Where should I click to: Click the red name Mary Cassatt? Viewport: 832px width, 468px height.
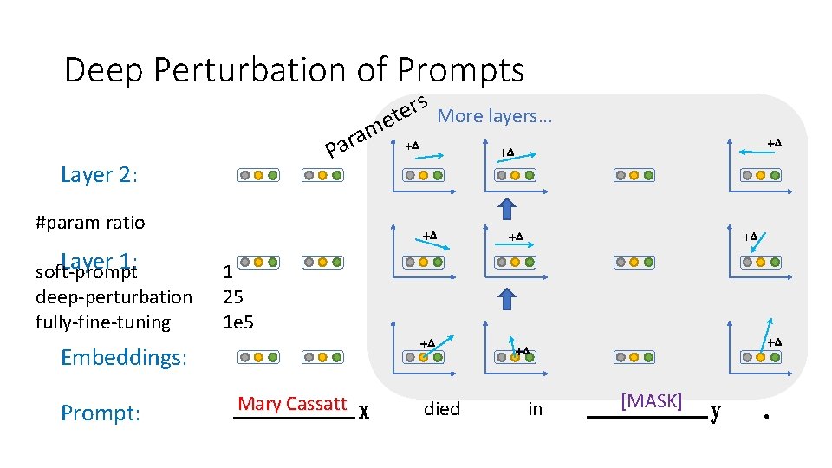pyautogui.click(x=292, y=404)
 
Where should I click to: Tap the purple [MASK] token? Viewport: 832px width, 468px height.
pyautogui.click(x=651, y=401)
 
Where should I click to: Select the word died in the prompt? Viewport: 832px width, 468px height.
pyautogui.click(x=442, y=409)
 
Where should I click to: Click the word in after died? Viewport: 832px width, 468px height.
pyautogui.click(x=535, y=409)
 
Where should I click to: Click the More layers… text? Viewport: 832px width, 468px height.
pyautogui.click(x=495, y=115)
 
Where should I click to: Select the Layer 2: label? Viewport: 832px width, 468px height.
pyautogui.click(x=100, y=175)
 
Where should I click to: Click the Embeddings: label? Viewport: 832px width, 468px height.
pyautogui.click(x=124, y=357)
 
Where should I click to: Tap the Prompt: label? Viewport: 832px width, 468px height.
pyautogui.click(x=101, y=413)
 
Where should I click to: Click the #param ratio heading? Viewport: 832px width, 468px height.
pyautogui.click(x=90, y=223)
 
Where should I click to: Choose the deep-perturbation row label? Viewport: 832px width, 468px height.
pyautogui.click(x=114, y=297)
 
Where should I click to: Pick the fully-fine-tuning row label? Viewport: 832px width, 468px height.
pyautogui.click(x=103, y=322)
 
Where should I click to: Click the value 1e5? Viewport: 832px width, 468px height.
pyautogui.click(x=238, y=322)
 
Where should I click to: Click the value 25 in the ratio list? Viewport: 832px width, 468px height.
pyautogui.click(x=232, y=297)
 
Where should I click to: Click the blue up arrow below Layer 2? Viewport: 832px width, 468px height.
pyautogui.click(x=508, y=209)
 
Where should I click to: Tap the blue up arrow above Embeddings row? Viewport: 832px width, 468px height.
pyautogui.click(x=508, y=300)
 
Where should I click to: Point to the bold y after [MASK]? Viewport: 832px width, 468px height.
pyautogui.click(x=715, y=411)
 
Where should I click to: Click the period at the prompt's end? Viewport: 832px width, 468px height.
pyautogui.click(x=766, y=415)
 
